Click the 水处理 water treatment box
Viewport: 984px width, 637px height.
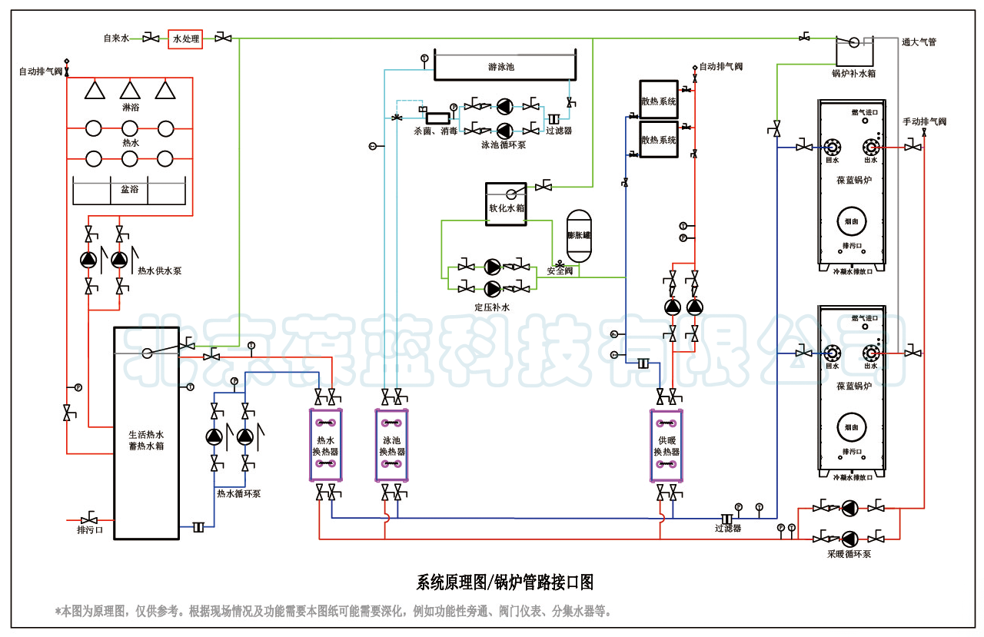(185, 38)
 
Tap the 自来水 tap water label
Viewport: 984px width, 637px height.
(117, 38)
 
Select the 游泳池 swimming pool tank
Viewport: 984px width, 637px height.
(501, 67)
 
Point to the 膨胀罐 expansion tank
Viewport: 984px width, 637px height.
(578, 235)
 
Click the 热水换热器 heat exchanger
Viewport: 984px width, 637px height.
(326, 445)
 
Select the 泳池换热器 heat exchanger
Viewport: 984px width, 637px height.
(391, 445)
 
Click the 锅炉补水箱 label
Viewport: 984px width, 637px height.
(854, 74)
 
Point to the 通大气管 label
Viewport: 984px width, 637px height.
(919, 42)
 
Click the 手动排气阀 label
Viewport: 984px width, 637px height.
(925, 121)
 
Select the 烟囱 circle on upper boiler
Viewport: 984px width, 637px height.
(852, 220)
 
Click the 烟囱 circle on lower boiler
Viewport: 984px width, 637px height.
(852, 426)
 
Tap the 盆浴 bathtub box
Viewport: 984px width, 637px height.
(129, 190)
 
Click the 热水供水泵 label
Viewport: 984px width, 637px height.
(159, 271)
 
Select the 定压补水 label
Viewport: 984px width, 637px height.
(492, 307)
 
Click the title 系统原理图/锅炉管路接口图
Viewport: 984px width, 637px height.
(505, 582)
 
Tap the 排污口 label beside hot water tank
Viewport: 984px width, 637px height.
(90, 530)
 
